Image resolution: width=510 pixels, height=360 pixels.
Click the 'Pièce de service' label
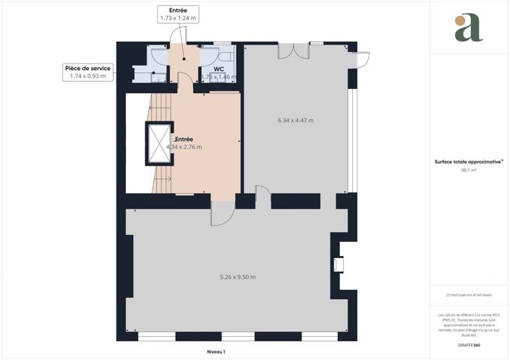click(87, 67)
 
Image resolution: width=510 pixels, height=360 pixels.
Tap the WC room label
click(218, 69)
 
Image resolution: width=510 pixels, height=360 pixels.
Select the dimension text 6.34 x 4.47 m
click(295, 120)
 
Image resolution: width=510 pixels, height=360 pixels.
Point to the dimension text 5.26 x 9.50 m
click(237, 277)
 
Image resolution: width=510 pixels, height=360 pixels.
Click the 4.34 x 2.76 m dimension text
click(184, 147)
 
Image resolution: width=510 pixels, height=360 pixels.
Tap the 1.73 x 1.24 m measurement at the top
click(177, 19)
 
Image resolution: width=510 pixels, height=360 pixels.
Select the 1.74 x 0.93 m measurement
click(88, 76)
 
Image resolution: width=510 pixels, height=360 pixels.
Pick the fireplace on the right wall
click(338, 265)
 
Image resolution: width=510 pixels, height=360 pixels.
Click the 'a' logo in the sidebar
click(468, 27)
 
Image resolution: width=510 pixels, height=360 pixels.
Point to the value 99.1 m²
click(468, 171)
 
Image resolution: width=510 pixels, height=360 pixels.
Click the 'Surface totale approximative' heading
click(467, 163)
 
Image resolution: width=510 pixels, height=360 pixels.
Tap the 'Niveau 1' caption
click(216, 352)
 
